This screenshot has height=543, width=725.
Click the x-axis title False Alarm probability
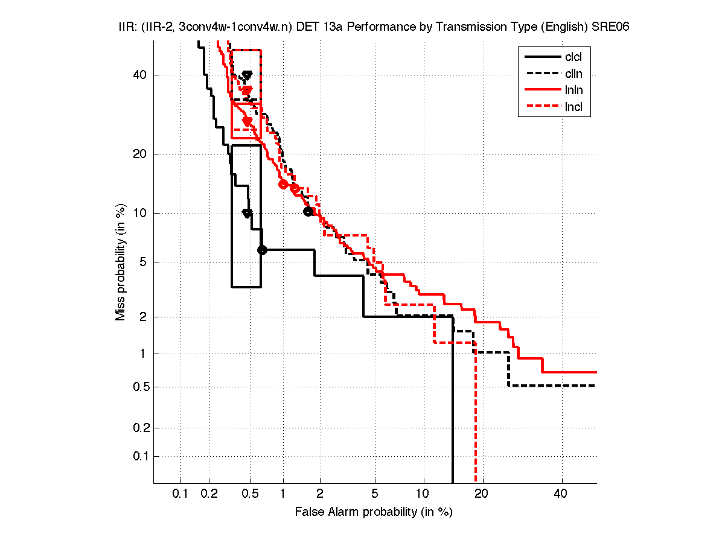coord(374,512)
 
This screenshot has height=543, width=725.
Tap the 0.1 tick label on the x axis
coord(180,494)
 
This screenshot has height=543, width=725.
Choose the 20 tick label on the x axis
coord(481,494)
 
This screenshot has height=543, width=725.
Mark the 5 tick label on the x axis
coord(375,494)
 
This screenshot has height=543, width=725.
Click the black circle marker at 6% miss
coord(262,250)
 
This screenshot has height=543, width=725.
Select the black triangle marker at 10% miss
coord(247,214)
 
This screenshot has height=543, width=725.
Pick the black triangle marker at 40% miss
coord(247,75)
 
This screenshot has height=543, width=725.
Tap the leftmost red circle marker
coord(283,185)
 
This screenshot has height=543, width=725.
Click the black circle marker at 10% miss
coord(308,211)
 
